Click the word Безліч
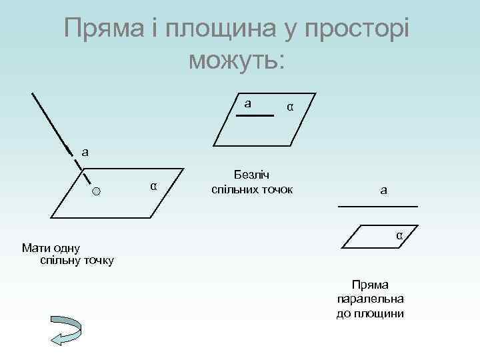(x=251, y=175)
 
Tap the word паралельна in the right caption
(x=371, y=299)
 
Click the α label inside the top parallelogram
(x=289, y=107)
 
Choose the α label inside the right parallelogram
(x=399, y=235)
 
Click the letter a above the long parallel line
(x=383, y=191)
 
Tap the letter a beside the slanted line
(x=84, y=151)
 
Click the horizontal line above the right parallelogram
(x=377, y=207)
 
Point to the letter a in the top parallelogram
(x=247, y=103)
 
